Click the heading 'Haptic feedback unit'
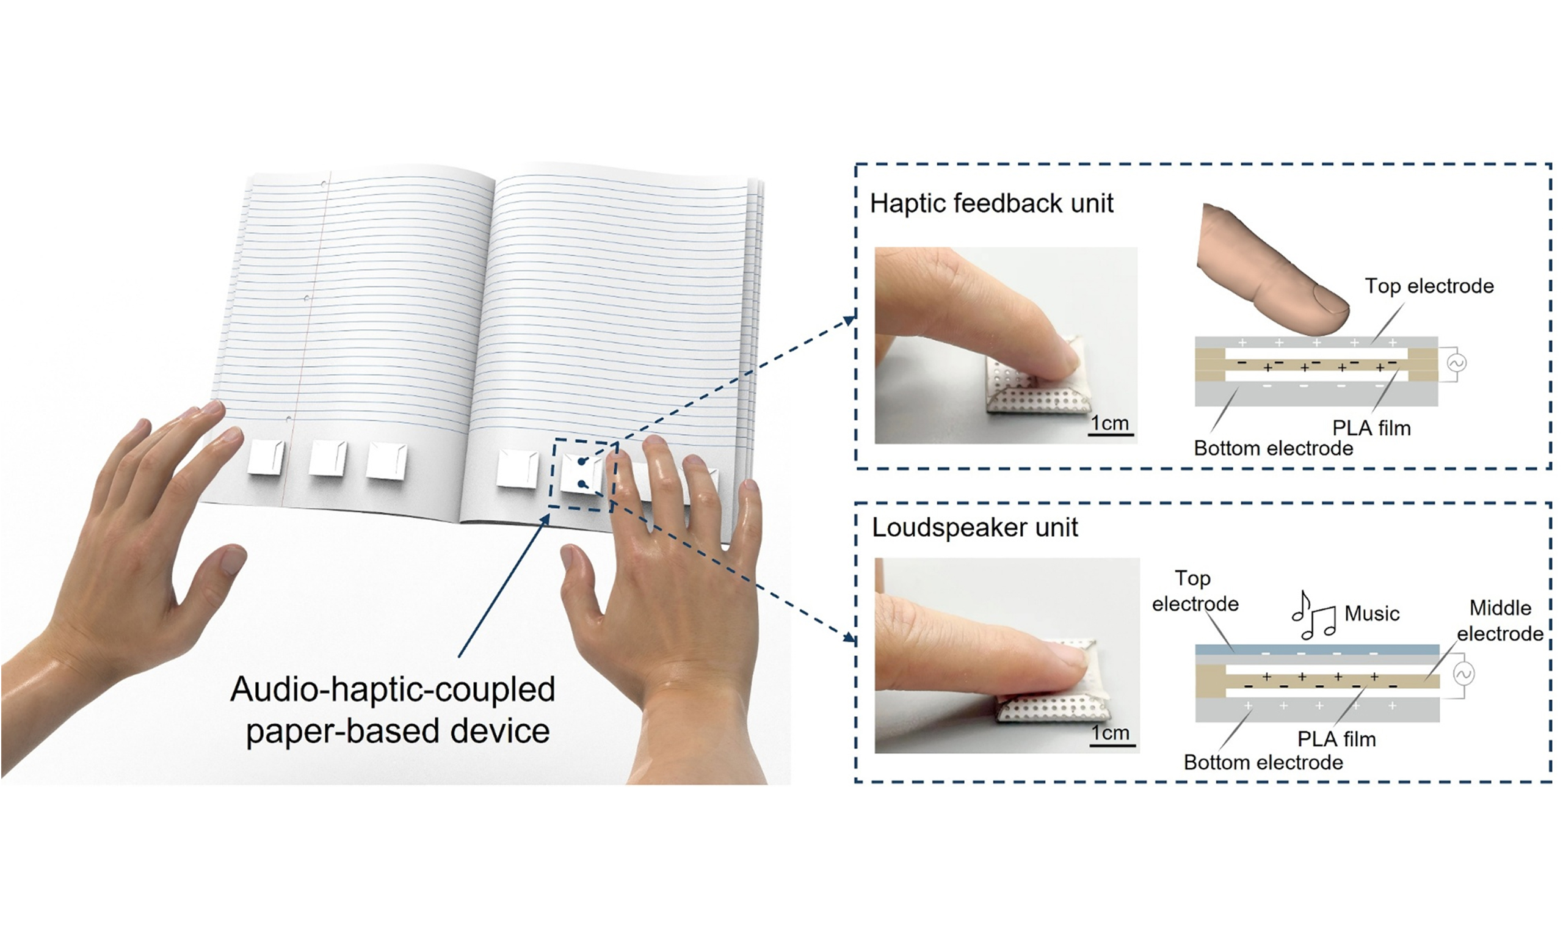point(992,203)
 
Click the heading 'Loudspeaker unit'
point(975,527)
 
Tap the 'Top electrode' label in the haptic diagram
point(1429,286)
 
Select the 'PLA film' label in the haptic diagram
point(1371,428)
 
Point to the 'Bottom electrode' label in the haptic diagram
point(1274,448)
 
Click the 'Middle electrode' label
point(1500,620)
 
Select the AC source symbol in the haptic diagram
point(1456,363)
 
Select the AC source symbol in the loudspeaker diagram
point(1463,674)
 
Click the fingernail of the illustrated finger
point(1330,302)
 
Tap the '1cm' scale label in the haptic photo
point(1110,423)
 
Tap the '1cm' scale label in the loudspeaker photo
point(1110,733)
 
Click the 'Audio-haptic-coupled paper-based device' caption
point(393,710)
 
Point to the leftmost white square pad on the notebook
point(266,457)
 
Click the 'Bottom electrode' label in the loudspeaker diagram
point(1263,762)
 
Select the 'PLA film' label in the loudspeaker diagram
point(1336,739)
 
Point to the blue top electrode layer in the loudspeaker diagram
point(1317,650)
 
